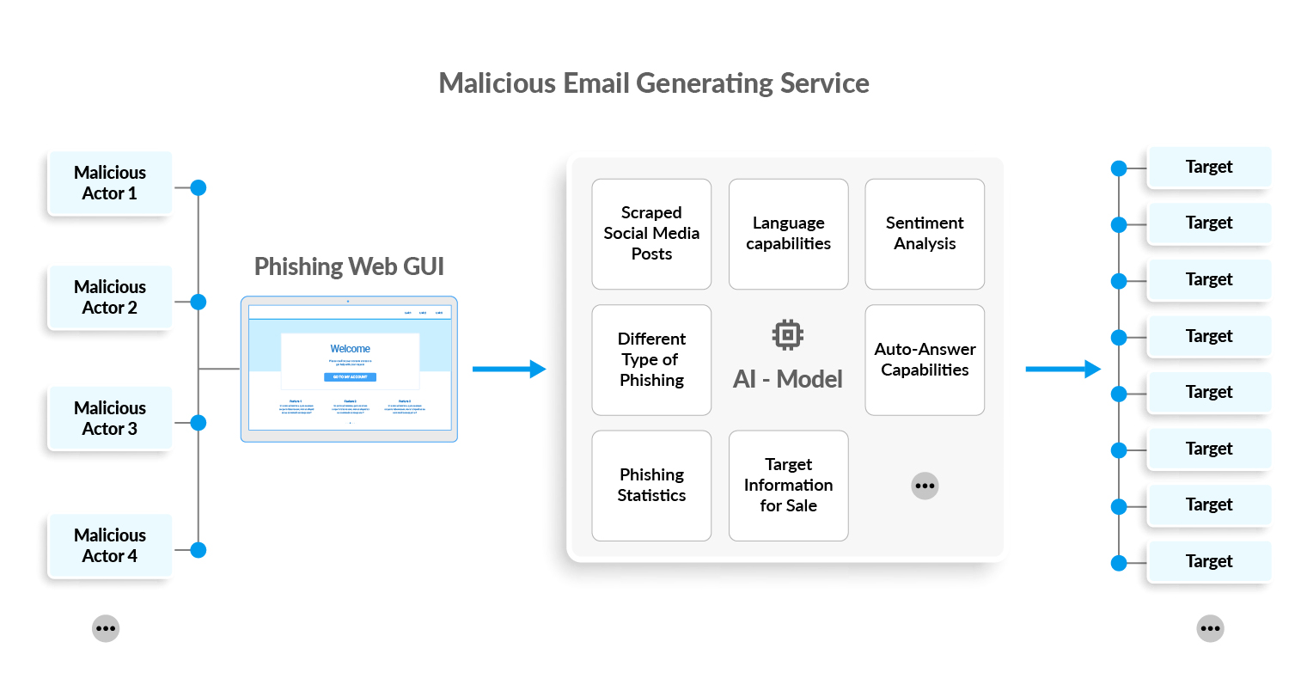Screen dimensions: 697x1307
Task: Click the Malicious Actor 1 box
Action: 109,183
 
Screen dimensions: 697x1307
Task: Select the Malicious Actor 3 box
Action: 109,419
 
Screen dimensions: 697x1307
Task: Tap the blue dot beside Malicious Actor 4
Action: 198,550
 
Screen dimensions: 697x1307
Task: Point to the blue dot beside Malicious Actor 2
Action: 198,302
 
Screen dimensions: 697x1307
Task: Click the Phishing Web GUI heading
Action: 349,266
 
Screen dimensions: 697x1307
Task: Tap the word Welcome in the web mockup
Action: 350,349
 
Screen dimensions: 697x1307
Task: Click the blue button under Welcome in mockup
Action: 350,377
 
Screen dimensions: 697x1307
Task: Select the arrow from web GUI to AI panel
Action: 509,370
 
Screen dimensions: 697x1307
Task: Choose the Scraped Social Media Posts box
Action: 651,234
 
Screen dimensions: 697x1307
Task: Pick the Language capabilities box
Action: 788,234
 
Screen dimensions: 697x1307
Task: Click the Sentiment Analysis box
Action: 925,234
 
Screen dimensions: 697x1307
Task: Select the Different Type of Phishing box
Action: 651,360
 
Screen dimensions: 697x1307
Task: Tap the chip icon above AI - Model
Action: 787,334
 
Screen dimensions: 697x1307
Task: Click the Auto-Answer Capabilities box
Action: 925,360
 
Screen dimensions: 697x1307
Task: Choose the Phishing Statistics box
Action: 651,486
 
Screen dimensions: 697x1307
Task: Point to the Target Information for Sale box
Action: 788,486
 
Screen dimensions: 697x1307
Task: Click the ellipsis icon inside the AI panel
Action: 925,486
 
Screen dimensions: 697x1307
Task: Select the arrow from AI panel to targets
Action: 1063,370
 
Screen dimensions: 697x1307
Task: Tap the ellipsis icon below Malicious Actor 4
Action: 106,628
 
